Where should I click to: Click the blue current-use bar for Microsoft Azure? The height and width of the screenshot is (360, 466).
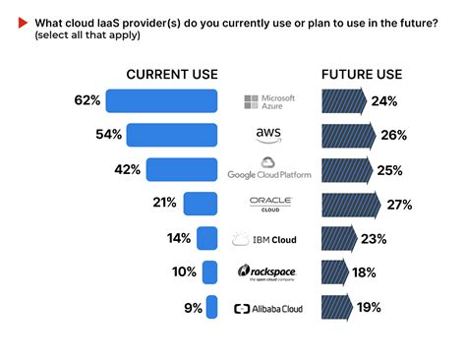(x=161, y=101)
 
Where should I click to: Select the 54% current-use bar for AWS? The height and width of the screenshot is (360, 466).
(x=171, y=135)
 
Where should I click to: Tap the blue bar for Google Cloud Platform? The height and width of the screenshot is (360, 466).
(x=181, y=169)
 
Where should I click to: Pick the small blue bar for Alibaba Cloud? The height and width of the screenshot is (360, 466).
(x=210, y=308)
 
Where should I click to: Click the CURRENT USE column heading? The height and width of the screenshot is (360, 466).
(x=172, y=75)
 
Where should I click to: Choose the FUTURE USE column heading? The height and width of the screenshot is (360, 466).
(x=362, y=75)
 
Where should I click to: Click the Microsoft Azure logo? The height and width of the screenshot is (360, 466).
(x=270, y=101)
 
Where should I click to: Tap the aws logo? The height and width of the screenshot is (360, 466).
(x=268, y=135)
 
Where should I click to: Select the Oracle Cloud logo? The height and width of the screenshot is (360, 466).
(x=269, y=204)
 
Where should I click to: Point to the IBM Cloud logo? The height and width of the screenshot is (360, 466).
(x=263, y=239)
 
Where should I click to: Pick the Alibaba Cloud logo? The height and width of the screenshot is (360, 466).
(x=268, y=308)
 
